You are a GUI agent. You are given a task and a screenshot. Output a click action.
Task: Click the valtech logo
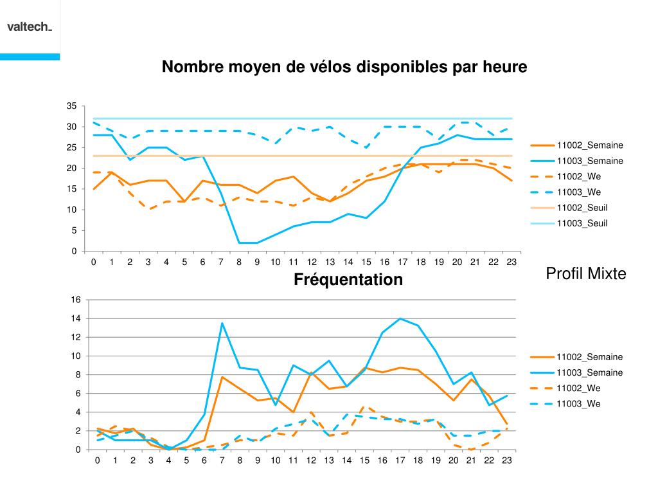point(30,27)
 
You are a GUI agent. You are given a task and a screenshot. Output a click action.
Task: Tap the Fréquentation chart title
point(348,280)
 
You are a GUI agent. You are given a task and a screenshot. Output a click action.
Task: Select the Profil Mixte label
point(585,274)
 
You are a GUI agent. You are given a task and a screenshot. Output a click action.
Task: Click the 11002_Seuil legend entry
point(582,208)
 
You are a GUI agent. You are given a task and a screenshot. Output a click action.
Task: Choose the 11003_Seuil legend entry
point(582,223)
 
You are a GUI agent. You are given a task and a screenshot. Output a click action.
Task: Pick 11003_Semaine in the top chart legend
point(589,161)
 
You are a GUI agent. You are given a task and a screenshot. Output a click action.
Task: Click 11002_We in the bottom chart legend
point(579,389)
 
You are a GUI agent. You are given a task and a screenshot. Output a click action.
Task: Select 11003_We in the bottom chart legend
point(579,404)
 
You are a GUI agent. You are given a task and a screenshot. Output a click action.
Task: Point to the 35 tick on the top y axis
point(71,106)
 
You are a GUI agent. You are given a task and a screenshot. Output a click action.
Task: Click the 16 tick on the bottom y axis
point(76,300)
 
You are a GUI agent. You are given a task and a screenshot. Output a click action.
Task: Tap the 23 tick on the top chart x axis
point(511,262)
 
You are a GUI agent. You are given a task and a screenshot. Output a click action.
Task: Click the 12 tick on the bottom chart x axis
point(311,461)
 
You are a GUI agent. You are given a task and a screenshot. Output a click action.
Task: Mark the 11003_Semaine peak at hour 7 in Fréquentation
point(222,323)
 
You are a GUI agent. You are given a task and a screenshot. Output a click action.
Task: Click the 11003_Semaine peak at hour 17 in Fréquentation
point(400,318)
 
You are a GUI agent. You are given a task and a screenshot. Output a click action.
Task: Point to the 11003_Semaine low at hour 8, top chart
point(239,242)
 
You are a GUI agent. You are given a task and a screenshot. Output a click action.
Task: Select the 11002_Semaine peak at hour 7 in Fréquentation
point(222,377)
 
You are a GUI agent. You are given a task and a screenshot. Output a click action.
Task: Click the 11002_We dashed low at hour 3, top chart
point(148,209)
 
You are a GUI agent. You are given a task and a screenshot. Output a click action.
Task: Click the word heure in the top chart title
point(505,67)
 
